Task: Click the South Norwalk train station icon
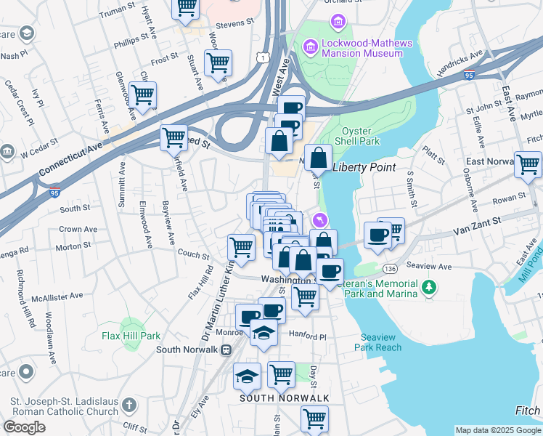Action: (x=226, y=350)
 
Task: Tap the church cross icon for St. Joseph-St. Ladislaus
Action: (x=128, y=404)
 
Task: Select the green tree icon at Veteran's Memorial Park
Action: (x=430, y=288)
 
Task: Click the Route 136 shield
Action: (x=391, y=268)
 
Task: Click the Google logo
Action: (x=24, y=427)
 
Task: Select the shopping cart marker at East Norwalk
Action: (x=528, y=163)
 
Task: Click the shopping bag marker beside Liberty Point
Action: (x=318, y=157)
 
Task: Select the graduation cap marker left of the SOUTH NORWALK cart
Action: (x=247, y=376)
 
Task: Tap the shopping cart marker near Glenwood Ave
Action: (x=143, y=94)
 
